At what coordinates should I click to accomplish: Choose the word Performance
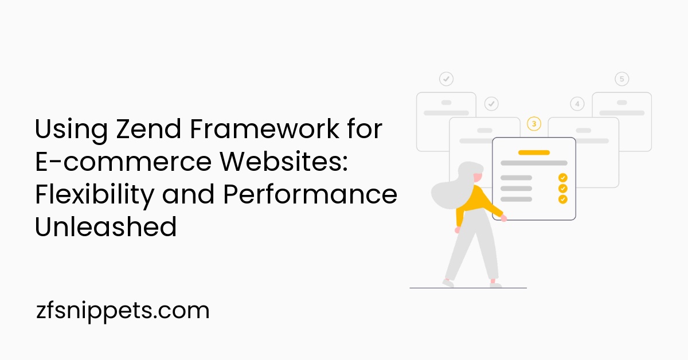click(310, 195)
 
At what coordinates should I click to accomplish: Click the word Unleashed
click(105, 228)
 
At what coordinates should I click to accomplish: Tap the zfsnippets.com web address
click(122, 311)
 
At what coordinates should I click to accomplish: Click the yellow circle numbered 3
click(534, 124)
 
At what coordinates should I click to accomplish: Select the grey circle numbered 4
click(577, 104)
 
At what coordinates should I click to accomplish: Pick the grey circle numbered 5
click(621, 79)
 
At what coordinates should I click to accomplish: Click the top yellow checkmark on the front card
click(562, 178)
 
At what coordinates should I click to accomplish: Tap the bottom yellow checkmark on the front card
click(562, 199)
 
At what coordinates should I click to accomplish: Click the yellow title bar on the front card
click(534, 152)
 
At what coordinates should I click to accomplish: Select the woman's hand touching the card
click(503, 218)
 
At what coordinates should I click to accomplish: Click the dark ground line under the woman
click(468, 288)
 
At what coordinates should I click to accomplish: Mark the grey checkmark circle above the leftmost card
click(446, 79)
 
